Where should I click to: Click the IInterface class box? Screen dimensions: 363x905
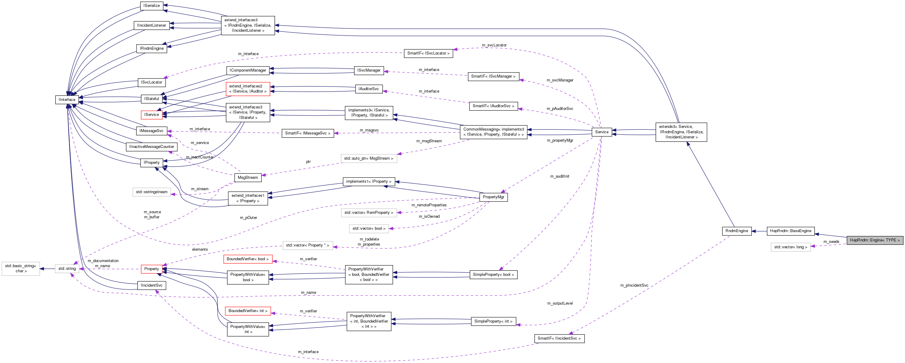point(67,100)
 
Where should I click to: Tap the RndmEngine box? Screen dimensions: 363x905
point(737,231)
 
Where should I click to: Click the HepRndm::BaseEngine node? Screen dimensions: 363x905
point(791,231)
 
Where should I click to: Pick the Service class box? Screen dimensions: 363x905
point(602,132)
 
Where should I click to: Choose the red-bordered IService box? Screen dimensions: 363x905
point(151,114)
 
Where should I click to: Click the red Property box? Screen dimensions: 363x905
point(151,269)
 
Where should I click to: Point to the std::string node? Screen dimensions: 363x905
point(67,269)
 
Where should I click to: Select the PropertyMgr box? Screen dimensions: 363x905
point(493,197)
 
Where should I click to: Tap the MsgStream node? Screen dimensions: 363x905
point(248,178)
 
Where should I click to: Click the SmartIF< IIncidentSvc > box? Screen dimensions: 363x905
point(559,338)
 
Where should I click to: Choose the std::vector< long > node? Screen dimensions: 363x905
point(791,247)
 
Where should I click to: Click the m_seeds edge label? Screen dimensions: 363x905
point(831,241)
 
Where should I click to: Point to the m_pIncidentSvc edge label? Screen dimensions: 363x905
point(634,285)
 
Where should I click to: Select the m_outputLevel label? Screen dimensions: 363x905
point(560,303)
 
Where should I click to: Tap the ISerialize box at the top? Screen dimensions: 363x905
point(151,6)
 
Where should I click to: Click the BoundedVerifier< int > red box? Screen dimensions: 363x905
point(248,311)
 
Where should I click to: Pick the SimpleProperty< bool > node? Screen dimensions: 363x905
point(493,274)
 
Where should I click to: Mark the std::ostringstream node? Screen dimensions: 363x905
point(151,192)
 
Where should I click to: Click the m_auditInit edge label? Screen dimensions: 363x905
point(560,176)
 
